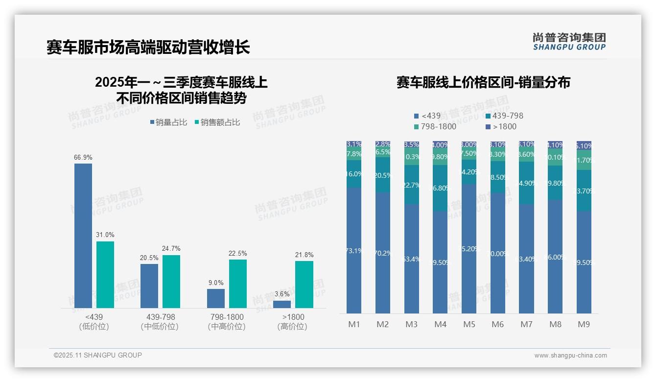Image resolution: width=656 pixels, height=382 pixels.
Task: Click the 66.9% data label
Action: [x=83, y=158]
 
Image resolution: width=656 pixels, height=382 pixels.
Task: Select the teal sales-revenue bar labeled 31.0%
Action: [x=105, y=274]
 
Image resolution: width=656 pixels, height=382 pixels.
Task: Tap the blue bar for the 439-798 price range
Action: [x=149, y=286]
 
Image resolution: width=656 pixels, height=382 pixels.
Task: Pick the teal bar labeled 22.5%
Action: [x=238, y=284]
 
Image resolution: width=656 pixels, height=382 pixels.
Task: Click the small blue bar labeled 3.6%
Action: [x=282, y=304]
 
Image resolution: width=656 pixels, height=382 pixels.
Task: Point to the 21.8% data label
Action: [x=304, y=255]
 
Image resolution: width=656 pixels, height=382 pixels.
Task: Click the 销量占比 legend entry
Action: [x=169, y=122]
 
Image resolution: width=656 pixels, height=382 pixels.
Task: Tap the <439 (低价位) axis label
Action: [x=94, y=322]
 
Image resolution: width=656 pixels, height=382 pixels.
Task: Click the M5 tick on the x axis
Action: [x=469, y=324]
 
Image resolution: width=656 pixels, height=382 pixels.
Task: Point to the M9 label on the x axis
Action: [x=584, y=324]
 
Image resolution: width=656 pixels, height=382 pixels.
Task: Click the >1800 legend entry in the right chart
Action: [x=501, y=127]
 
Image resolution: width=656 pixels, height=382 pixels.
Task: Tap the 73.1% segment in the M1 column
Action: [x=354, y=251]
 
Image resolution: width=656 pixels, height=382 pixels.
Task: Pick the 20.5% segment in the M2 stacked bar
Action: [x=383, y=175]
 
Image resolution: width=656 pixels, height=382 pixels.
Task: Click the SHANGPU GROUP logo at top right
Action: [x=569, y=42]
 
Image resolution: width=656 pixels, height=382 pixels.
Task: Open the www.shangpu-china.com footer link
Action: [x=570, y=356]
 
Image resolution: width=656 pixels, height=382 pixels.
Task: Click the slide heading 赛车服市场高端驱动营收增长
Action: [x=148, y=47]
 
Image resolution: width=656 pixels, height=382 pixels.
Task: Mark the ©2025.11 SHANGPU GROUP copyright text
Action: [x=98, y=356]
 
